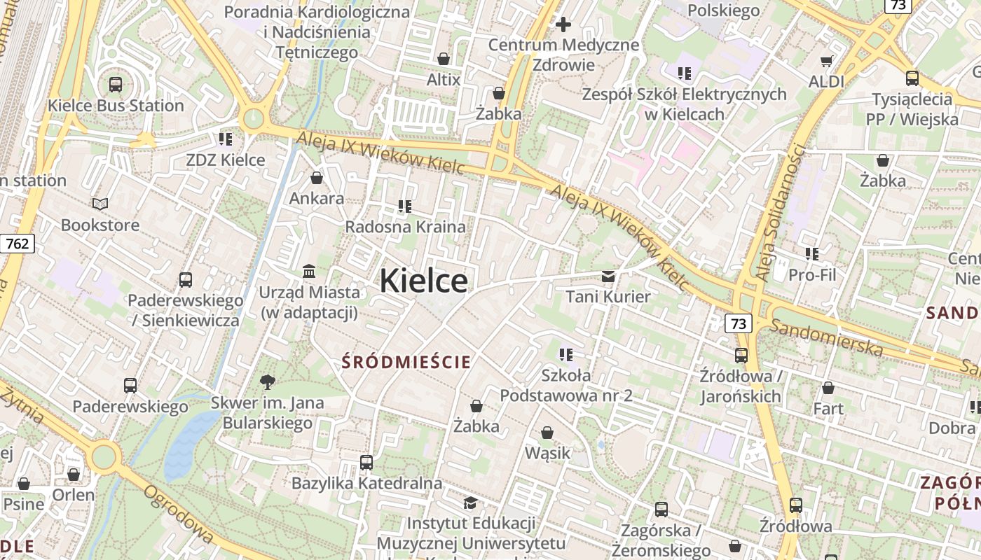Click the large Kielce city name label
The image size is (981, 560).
pos(423,281)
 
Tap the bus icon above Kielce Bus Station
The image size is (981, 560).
pos(116,85)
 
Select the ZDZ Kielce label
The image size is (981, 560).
pos(226,160)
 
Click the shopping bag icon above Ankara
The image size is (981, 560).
pos(317,178)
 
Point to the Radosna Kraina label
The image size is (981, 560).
pos(405,227)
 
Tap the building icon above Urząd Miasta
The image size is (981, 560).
pos(308,271)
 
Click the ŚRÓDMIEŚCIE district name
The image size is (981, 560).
pos(406,362)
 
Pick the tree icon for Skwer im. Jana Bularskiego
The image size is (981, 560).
pos(267,381)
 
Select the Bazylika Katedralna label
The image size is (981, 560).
pos(366,483)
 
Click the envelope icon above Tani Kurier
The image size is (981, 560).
pos(608,276)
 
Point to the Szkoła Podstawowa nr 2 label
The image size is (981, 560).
pos(566,386)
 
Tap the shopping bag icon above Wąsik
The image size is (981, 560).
pos(547,433)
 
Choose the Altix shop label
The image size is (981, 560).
pos(444,80)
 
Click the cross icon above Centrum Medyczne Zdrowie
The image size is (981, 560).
pos(563,25)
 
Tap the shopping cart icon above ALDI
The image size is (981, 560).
pos(827,61)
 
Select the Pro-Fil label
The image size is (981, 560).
pos(813,274)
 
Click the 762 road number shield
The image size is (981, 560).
pos(17,244)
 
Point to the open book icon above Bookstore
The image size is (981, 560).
pos(100,204)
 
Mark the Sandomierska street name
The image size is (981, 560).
pos(826,336)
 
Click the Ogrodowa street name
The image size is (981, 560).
pos(178,514)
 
